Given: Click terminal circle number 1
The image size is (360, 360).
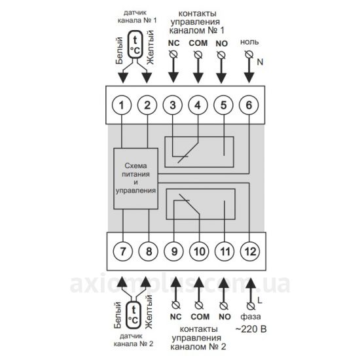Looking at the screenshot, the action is click(122, 105).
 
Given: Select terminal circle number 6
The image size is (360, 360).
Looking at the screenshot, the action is click(249, 105).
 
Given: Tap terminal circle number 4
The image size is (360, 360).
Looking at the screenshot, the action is click(198, 105).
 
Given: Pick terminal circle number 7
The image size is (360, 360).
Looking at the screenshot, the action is click(123, 251).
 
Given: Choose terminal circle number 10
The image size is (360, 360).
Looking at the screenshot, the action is click(199, 251).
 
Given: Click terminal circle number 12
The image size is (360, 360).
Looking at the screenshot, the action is click(250, 251).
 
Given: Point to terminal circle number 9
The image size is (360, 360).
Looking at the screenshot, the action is click(174, 251).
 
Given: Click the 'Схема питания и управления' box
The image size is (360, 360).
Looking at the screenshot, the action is click(135, 179).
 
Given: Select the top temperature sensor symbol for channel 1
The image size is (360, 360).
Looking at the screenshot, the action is click(135, 45).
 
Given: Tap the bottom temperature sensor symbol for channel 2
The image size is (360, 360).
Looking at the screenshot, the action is click(134, 314).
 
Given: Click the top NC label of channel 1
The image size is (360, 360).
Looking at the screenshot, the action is click(174, 43).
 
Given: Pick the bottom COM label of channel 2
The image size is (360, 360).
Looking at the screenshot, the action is click(200, 317).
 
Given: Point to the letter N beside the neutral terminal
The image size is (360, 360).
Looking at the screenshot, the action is click(260, 62).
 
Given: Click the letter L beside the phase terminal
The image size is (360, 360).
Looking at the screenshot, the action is click(260, 300).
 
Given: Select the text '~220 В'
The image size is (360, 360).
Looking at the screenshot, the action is click(251, 329).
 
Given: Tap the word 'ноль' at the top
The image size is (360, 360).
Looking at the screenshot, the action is click(249, 42).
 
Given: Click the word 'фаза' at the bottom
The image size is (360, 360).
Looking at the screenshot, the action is click(251, 317).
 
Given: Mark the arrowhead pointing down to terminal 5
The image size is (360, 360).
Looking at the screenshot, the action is click(221, 78).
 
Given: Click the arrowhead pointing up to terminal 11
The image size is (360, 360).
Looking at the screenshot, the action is click(224, 283).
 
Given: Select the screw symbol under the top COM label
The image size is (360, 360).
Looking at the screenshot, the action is click(198, 54).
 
